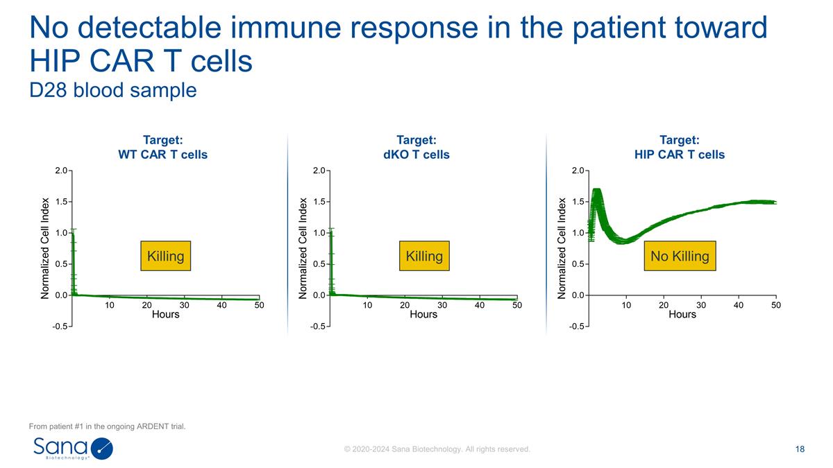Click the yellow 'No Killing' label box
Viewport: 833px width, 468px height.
(679, 256)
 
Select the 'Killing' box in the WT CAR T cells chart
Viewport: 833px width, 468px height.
(165, 256)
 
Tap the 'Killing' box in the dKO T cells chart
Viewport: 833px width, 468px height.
(423, 256)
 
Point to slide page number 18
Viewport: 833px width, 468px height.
(800, 449)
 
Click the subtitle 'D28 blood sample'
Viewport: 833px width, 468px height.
(113, 91)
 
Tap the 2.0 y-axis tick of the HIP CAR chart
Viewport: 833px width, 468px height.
(578, 171)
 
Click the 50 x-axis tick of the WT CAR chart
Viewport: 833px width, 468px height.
(259, 305)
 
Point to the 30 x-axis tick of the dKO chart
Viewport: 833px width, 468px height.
(442, 305)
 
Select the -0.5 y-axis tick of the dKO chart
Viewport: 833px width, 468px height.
(319, 327)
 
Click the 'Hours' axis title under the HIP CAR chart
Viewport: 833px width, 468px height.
(682, 314)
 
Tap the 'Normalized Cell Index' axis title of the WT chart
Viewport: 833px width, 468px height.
(45, 248)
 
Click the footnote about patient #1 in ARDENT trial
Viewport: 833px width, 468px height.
(107, 426)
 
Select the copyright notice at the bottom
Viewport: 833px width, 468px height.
(437, 449)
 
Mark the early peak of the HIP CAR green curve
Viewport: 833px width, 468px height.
(596, 191)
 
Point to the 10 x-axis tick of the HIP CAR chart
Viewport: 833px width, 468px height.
(625, 305)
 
